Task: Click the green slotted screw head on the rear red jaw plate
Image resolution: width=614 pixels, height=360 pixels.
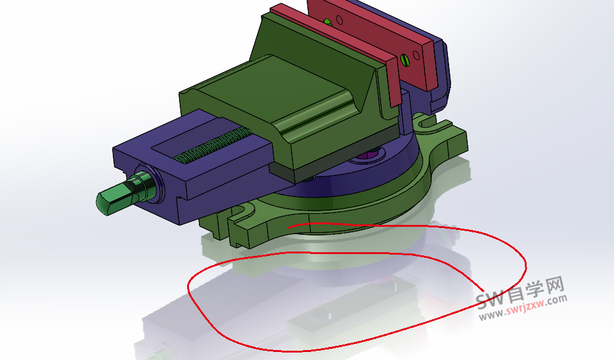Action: pyautogui.click(x=405, y=59)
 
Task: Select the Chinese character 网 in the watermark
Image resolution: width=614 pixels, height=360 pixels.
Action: pyautogui.click(x=555, y=286)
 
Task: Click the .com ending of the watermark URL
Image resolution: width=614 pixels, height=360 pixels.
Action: pyautogui.click(x=556, y=299)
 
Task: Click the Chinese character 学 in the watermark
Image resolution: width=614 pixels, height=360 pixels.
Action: pyautogui.click(x=536, y=289)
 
